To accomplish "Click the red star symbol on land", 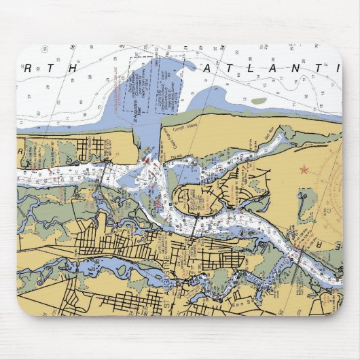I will [304, 168].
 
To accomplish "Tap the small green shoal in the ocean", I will [259, 101].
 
